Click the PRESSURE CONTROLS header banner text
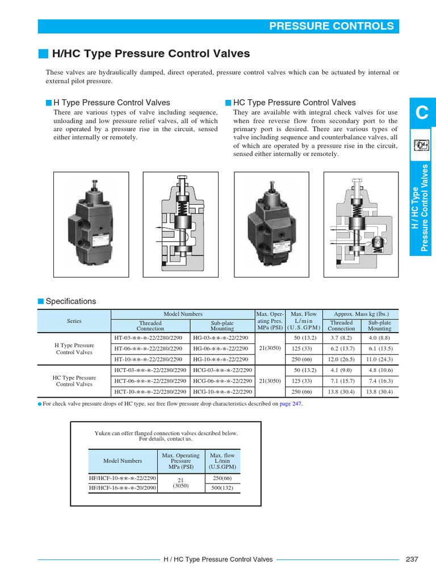coord(331,26)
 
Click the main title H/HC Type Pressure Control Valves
coord(150,54)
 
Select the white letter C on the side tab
coord(421,113)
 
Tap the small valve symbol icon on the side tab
coord(421,146)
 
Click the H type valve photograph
coord(91,220)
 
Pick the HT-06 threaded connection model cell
coord(148,348)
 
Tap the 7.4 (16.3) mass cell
coord(379,381)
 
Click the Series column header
coord(74,321)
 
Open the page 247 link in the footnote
coord(292,404)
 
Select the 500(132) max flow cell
coord(222,488)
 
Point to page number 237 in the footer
coord(412,559)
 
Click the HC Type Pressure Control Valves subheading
coord(294,103)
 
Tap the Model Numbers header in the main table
coord(183,314)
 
